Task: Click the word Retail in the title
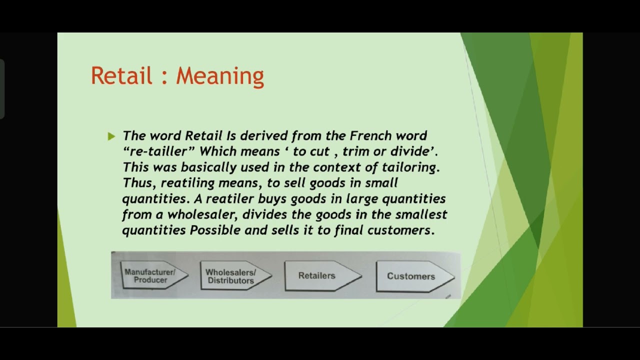point(121,75)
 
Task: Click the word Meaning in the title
point(219,75)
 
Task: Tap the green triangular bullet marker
point(111,136)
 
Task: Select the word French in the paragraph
point(370,135)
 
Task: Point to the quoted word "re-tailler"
point(154,151)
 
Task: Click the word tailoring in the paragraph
point(409,167)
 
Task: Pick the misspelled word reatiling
point(188,183)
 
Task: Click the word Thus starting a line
point(139,183)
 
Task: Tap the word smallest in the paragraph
point(421,214)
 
